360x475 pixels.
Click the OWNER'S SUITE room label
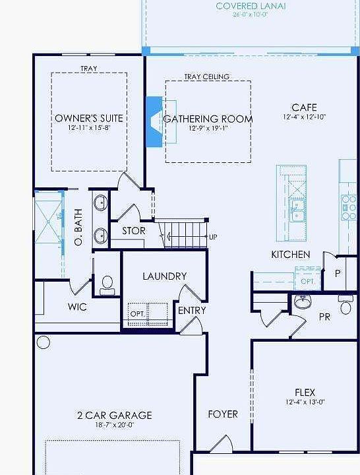(89, 118)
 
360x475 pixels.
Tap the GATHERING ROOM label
(208, 119)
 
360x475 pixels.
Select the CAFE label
(304, 108)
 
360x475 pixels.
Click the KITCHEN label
(290, 254)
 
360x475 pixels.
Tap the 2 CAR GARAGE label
(114, 415)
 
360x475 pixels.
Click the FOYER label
(223, 414)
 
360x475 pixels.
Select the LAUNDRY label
(164, 276)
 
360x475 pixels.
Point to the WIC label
(78, 307)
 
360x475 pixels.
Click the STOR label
(133, 232)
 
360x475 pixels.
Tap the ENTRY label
(192, 310)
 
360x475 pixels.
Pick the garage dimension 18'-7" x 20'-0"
(114, 426)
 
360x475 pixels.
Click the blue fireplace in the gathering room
(154, 121)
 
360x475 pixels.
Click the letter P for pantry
(338, 273)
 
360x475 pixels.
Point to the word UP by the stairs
(213, 237)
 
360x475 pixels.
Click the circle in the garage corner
(44, 342)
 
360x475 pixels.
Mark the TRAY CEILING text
(207, 77)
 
